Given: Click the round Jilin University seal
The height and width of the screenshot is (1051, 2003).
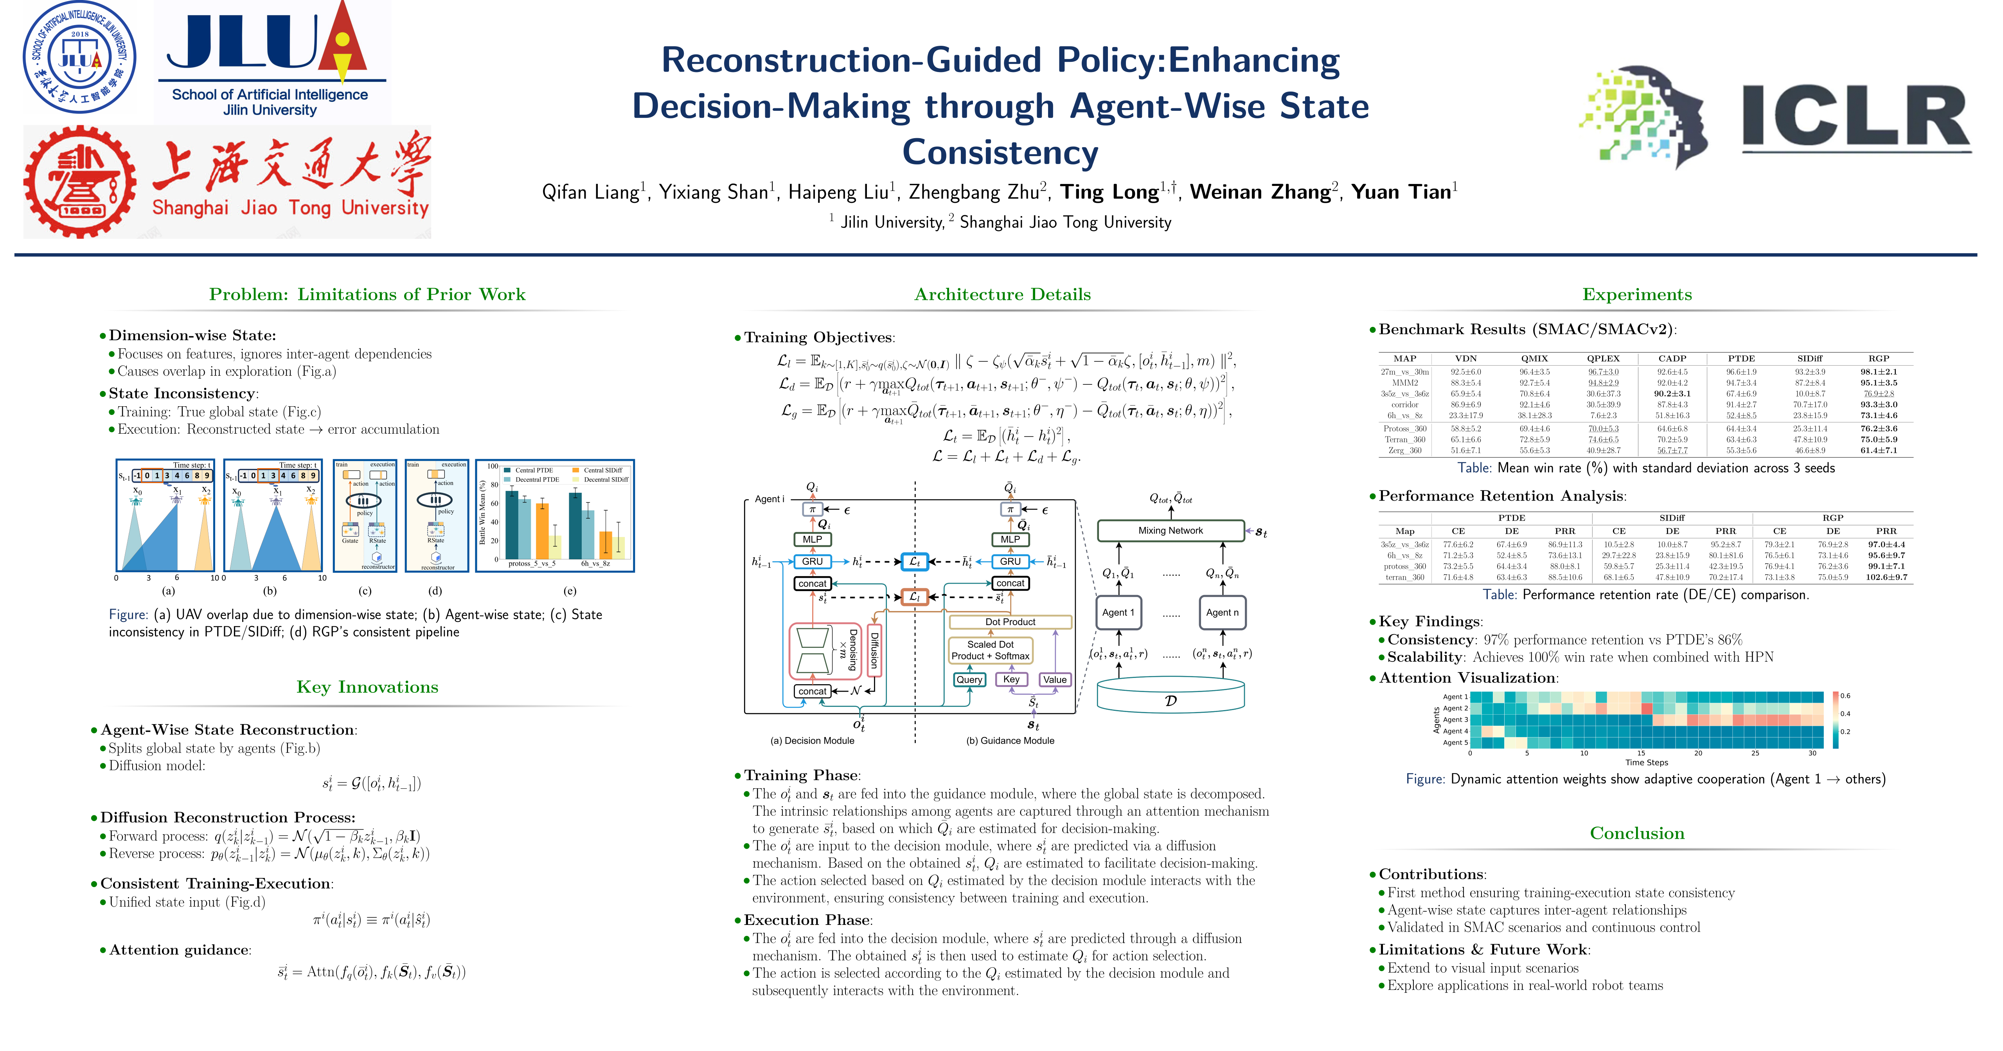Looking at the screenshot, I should point(79,57).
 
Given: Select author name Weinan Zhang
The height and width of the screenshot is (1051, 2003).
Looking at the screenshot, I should point(1263,192).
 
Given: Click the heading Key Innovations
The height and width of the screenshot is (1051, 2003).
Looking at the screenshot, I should point(367,687).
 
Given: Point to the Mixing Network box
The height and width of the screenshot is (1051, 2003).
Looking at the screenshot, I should point(1170,530).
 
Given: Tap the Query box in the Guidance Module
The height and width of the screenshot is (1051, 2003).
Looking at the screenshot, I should point(969,679).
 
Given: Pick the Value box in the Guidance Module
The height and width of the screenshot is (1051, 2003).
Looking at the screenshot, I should point(1054,679).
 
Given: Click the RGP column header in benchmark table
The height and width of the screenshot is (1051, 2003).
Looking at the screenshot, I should point(1879,359).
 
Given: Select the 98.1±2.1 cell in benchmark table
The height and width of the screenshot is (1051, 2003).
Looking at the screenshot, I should point(1879,372).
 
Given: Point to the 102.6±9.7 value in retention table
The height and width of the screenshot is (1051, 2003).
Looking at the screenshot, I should point(1886,577).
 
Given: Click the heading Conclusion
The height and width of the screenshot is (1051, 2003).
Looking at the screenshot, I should point(1637,833).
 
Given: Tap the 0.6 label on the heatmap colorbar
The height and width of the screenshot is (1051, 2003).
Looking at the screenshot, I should point(1845,696).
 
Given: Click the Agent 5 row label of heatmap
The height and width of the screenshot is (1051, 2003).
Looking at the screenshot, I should point(1455,742).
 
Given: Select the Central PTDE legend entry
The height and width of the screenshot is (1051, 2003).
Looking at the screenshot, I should point(533,470).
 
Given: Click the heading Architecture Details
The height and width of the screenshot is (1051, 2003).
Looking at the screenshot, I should point(1002,294).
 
